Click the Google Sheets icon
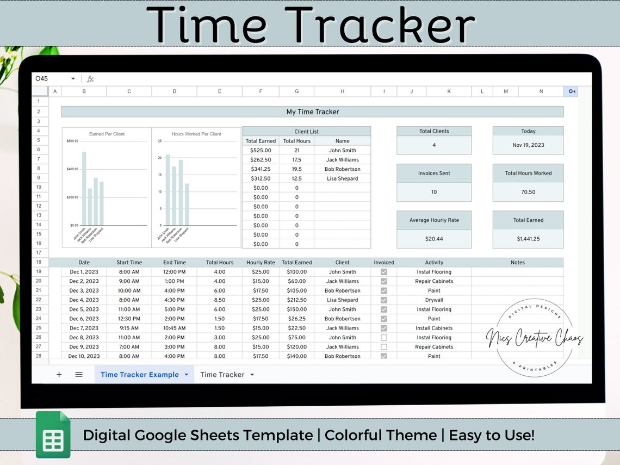tap(53, 435)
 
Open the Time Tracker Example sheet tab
tap(140, 375)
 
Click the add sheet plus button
tap(59, 375)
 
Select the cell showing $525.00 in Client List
tap(261, 150)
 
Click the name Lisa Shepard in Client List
tap(342, 178)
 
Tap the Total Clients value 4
tap(433, 145)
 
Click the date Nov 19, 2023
tap(528, 145)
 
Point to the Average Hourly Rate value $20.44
tap(433, 239)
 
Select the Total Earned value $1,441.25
tap(528, 239)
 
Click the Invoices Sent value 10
tap(433, 192)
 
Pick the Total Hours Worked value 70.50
tap(528, 192)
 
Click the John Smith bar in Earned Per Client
tap(84, 188)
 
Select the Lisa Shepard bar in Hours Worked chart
tap(187, 204)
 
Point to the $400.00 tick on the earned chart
tap(72, 169)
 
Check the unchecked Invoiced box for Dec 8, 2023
tap(384, 338)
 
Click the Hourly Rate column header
tap(261, 263)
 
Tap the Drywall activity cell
tap(434, 300)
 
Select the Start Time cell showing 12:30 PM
tap(129, 319)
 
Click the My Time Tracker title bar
tap(312, 112)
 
